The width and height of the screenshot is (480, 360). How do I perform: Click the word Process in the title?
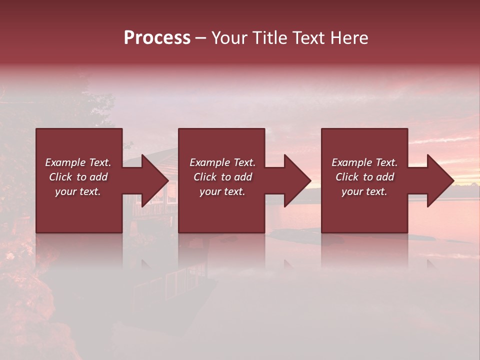point(157,38)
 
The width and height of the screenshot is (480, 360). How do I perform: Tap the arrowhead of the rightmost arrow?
point(439,180)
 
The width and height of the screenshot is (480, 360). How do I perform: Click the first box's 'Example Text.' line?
point(78,162)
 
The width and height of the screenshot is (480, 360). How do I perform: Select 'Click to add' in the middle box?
point(222,177)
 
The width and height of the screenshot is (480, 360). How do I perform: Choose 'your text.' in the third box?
point(364,191)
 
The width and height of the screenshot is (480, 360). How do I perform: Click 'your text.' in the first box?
point(78,191)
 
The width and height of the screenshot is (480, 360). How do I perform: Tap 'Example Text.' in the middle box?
point(222,162)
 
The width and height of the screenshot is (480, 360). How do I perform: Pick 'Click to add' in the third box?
point(364,177)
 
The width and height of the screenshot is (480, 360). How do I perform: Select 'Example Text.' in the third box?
point(364,162)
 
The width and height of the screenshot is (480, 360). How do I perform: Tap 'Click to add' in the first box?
point(78,177)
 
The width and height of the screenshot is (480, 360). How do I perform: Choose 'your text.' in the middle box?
point(222,191)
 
